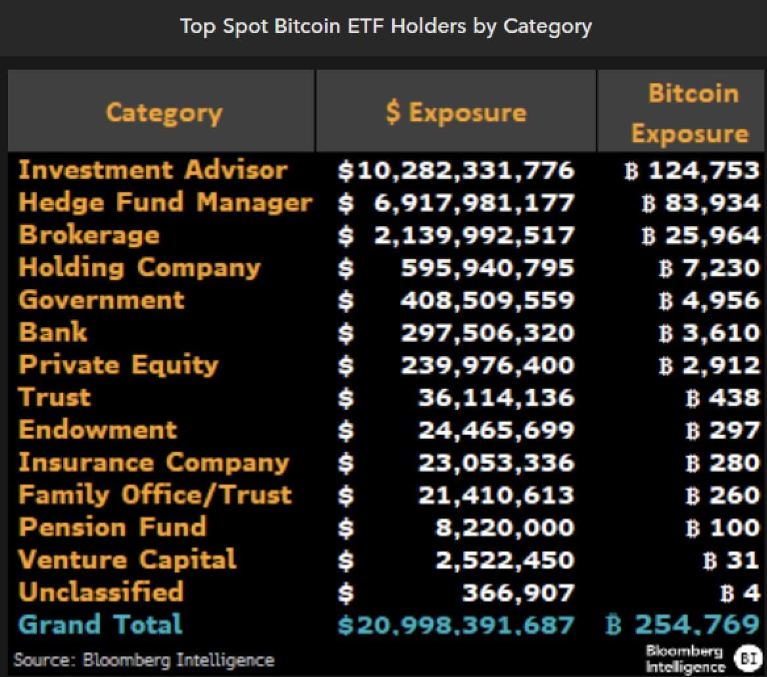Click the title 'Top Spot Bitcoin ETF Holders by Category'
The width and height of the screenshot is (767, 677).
(385, 26)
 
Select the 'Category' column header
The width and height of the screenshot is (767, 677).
(164, 112)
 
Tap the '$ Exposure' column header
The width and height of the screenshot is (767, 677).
(455, 112)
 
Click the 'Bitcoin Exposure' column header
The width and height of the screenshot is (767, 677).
(689, 113)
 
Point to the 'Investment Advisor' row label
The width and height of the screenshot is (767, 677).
(153, 170)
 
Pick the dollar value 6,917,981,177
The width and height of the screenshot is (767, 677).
(474, 202)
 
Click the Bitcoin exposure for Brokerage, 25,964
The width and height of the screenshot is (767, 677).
(712, 235)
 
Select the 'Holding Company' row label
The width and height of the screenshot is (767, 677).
(139, 268)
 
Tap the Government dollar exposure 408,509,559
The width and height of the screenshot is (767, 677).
(487, 300)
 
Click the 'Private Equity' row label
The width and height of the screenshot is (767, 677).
(118, 365)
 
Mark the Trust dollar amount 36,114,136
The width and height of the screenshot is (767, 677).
(495, 398)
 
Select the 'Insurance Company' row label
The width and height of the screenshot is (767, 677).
(154, 462)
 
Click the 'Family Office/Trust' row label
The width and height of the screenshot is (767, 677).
(155, 494)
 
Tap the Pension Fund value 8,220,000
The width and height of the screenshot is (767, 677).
(505, 527)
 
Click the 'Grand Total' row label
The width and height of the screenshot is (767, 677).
(101, 624)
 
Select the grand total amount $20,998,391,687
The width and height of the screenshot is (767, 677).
(456, 624)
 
